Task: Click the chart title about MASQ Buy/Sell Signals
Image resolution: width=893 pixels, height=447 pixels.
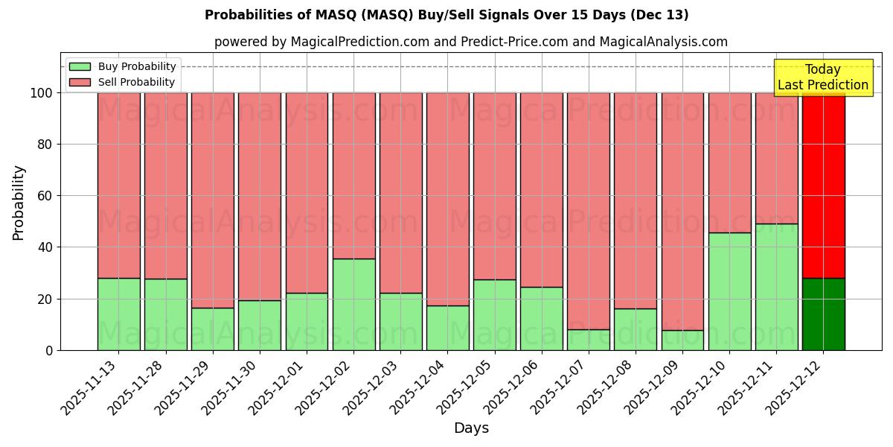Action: click(x=446, y=15)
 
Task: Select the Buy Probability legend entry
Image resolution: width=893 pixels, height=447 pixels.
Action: click(x=122, y=66)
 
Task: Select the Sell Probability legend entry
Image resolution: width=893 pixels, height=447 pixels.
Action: click(x=122, y=82)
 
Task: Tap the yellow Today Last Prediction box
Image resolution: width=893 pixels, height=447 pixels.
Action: click(x=823, y=77)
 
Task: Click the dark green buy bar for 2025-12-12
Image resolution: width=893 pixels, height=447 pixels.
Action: click(x=823, y=314)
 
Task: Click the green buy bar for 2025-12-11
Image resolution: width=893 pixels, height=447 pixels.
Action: click(x=776, y=287)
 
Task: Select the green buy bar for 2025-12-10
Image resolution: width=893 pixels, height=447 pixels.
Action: click(x=729, y=291)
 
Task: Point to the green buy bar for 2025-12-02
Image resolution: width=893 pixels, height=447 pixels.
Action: click(x=353, y=304)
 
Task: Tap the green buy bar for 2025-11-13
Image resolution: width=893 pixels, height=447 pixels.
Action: click(x=118, y=314)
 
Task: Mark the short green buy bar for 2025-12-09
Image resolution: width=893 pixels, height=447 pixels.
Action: click(x=682, y=340)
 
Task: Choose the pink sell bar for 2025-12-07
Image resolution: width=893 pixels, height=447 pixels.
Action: click(x=588, y=211)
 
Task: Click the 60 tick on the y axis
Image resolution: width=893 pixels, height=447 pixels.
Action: click(x=45, y=196)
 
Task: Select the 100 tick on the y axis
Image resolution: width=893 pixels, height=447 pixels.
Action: click(x=42, y=93)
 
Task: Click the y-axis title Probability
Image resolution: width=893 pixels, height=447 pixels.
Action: click(x=19, y=202)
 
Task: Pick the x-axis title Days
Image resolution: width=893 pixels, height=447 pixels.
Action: click(x=471, y=428)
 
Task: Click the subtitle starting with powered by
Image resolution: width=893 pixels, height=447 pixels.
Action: click(x=470, y=42)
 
